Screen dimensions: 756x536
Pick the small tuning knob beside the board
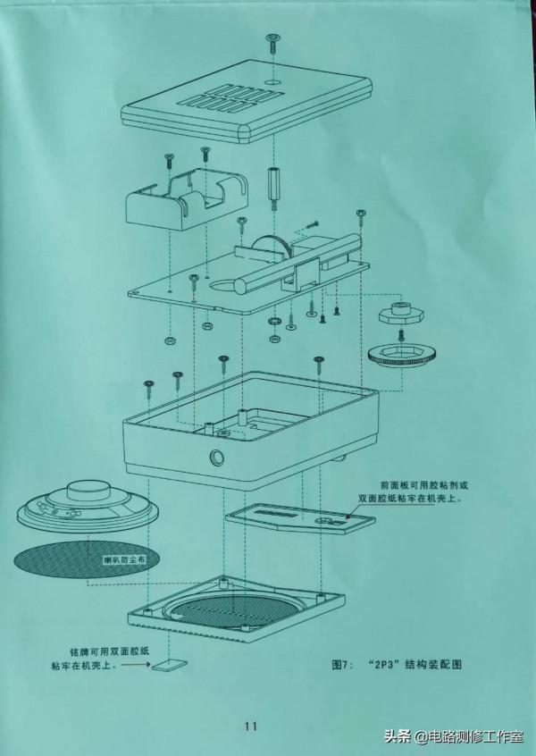(398, 315)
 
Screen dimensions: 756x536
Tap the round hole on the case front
(216, 458)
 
